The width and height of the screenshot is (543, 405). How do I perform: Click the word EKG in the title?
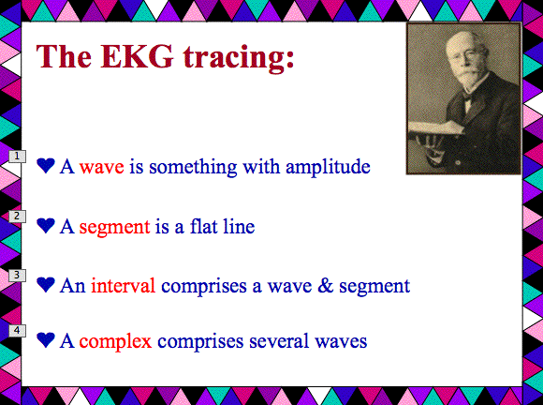click(137, 56)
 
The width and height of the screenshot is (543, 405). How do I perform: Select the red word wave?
click(101, 168)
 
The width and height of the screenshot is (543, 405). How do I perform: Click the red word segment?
click(114, 228)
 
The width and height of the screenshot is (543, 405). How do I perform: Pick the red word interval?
click(123, 286)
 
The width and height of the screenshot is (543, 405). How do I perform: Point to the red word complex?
click(115, 341)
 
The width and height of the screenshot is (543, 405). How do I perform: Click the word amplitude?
click(328, 167)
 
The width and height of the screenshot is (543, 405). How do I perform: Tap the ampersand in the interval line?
click(325, 286)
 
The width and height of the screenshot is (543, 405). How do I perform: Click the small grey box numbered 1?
click(17, 157)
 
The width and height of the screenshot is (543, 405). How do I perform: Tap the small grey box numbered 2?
click(17, 217)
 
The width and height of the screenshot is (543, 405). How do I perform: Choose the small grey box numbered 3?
click(17, 276)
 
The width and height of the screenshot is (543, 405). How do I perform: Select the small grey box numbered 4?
click(17, 330)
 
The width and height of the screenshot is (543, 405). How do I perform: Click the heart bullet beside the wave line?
click(46, 165)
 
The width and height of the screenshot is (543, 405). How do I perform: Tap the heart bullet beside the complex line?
click(46, 340)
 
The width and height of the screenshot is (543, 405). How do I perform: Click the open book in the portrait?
click(437, 127)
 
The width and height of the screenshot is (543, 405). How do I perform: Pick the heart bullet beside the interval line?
click(46, 285)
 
